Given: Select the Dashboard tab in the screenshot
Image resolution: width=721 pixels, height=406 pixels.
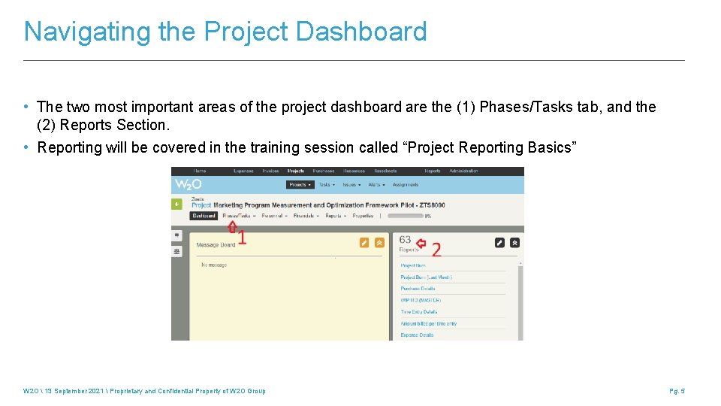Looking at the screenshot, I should [204, 216].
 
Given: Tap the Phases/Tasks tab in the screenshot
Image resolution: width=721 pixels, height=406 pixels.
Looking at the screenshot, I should [237, 216].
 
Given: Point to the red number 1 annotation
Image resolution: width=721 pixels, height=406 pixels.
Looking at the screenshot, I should [242, 238].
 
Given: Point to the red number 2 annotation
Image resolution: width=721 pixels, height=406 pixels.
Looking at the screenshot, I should [436, 250].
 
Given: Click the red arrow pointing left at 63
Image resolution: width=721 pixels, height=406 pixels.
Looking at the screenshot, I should [421, 243].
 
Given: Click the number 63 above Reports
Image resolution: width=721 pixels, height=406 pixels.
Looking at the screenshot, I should [405, 240].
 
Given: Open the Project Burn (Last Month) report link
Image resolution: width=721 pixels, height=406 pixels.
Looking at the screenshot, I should [426, 277].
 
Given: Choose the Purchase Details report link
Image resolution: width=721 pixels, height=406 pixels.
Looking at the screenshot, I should [418, 289].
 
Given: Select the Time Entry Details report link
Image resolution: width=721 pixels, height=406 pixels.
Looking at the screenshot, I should [418, 312].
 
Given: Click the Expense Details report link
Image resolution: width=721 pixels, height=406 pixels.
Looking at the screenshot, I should [417, 335].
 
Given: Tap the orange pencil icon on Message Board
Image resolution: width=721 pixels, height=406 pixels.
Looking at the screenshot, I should [364, 243].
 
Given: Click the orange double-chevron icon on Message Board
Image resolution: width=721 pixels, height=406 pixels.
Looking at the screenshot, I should [379, 243].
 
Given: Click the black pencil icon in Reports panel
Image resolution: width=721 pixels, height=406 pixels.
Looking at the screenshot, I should [499, 243].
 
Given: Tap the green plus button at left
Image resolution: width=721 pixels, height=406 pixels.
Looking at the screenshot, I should [177, 204].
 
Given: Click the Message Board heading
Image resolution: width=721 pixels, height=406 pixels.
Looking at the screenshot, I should [216, 244].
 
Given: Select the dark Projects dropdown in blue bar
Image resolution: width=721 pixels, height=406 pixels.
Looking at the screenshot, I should [300, 184].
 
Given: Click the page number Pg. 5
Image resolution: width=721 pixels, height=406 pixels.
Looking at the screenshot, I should [677, 391].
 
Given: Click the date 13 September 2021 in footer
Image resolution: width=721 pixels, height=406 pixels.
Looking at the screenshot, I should [71, 391].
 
